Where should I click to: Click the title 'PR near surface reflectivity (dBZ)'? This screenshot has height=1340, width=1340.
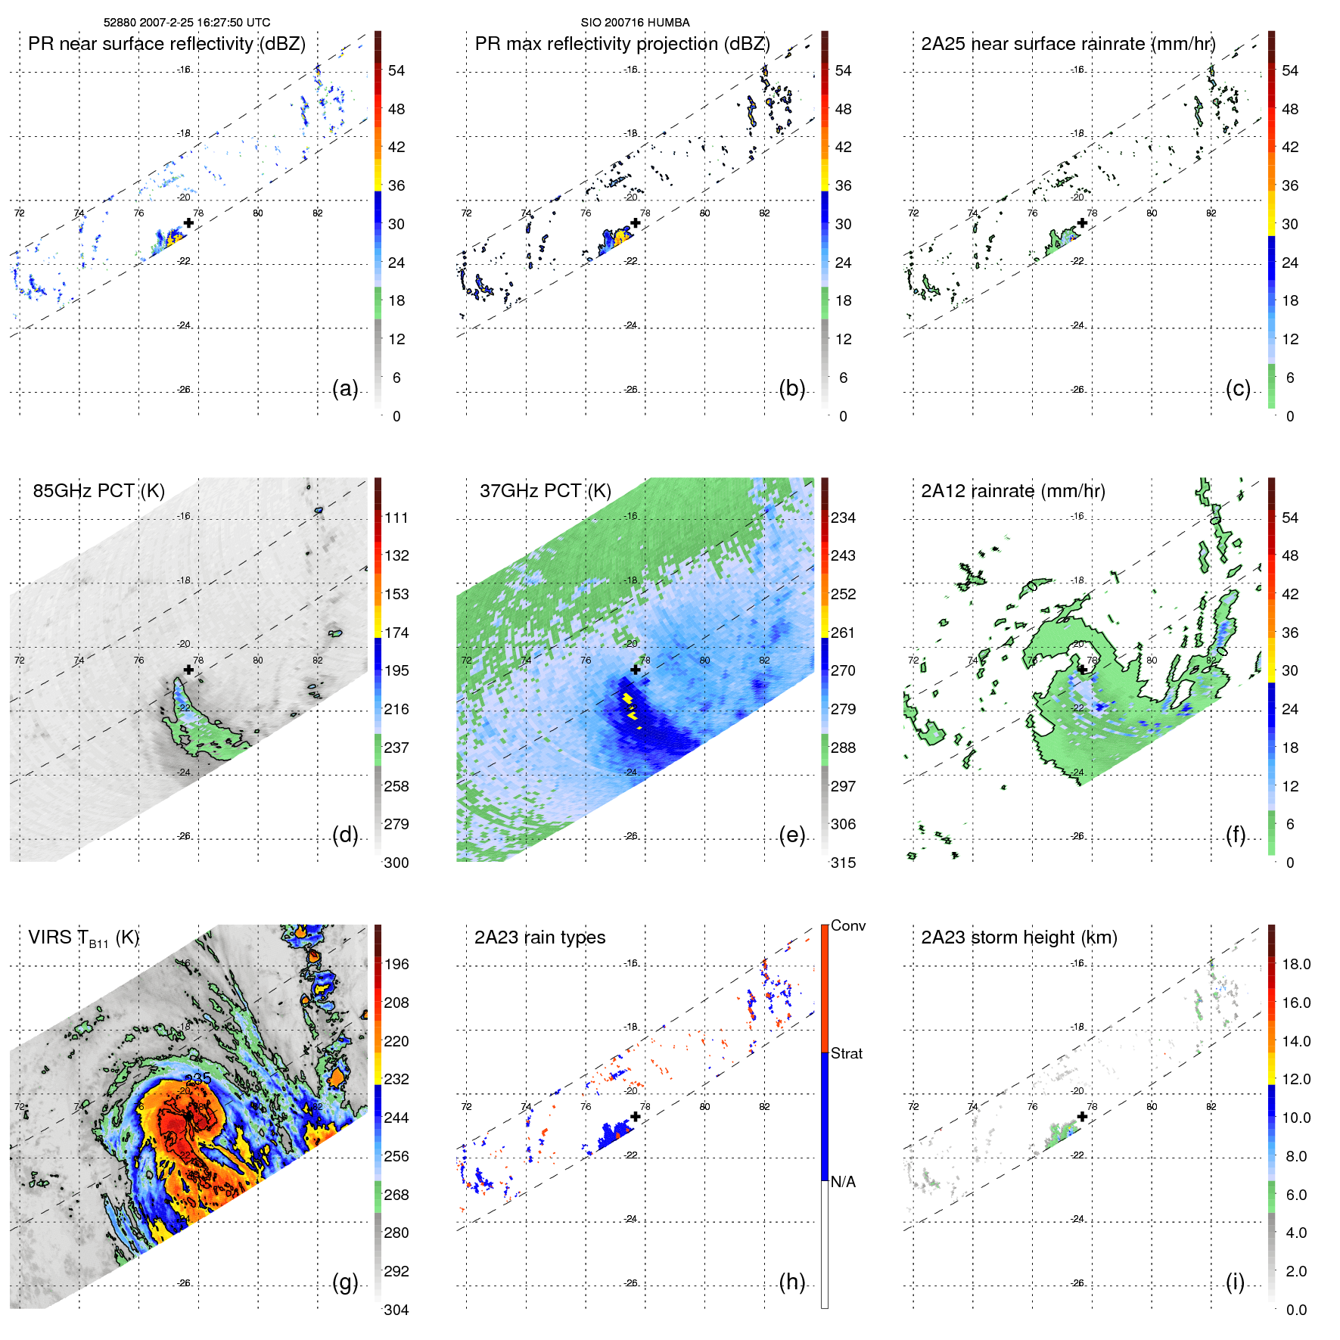[x=166, y=44]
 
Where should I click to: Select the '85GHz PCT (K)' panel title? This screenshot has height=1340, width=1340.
[x=98, y=491]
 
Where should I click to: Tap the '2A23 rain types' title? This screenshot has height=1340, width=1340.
[x=539, y=937]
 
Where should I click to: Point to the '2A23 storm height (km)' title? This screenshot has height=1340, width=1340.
[x=1019, y=937]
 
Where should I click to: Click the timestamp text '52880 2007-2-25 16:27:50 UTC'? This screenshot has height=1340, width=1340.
[x=187, y=23]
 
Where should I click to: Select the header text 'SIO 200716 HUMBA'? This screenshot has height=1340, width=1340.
[x=635, y=23]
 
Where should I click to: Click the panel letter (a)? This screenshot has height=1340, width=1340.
[x=345, y=389]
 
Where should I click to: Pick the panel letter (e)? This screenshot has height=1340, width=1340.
[x=791, y=835]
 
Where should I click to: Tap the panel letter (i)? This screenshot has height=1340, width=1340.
[x=1235, y=1282]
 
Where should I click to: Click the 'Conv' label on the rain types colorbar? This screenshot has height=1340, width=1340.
[x=848, y=926]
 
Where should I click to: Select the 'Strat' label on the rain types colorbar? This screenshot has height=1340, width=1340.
[x=847, y=1054]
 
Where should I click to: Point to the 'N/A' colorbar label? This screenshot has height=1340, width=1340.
[x=843, y=1182]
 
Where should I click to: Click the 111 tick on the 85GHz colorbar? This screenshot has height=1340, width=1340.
[x=396, y=518]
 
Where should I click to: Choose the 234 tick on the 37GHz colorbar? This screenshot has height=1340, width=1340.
[x=843, y=518]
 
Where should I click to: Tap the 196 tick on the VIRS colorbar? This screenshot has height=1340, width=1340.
[x=396, y=965]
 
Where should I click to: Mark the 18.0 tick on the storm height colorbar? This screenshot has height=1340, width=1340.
[x=1296, y=965]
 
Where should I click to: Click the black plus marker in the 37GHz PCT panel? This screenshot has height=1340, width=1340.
[x=636, y=670]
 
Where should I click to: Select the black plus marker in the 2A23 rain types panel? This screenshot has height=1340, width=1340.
[x=636, y=1117]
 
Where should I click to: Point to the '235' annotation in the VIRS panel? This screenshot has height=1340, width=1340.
[x=197, y=1078]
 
